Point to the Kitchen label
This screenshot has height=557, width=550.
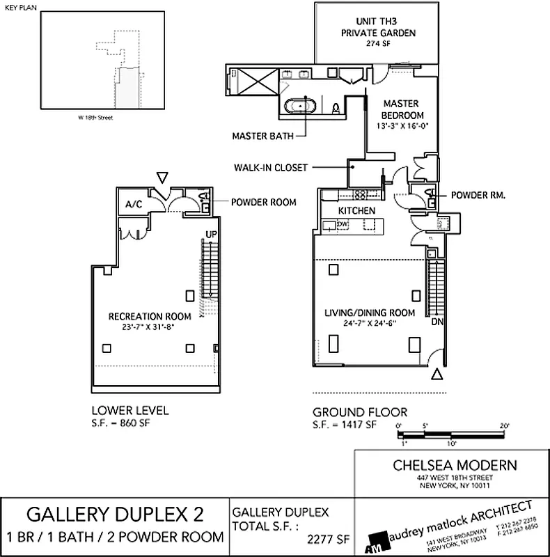tap(357, 210)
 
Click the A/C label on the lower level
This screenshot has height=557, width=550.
tap(134, 205)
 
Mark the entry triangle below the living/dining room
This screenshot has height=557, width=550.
tap(437, 375)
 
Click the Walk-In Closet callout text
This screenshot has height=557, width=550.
tap(272, 167)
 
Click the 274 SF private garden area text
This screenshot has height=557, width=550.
tap(377, 43)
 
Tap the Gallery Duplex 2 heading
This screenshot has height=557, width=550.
tap(116, 515)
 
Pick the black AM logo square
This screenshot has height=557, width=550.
tap(379, 540)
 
